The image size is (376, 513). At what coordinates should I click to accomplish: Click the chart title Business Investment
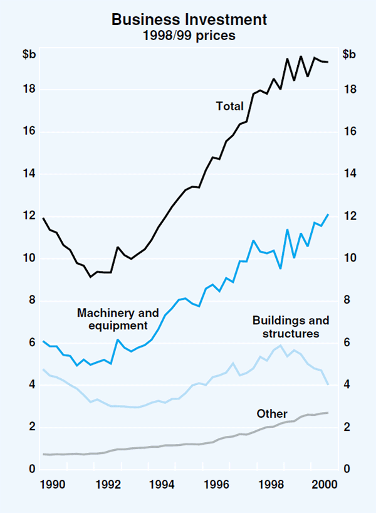coord(189,19)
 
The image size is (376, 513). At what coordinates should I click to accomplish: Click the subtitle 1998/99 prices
coord(189,36)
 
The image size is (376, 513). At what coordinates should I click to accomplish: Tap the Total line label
coord(230,107)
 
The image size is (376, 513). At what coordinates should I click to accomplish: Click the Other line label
coord(272,414)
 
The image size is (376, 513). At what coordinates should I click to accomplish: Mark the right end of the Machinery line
coord(328,214)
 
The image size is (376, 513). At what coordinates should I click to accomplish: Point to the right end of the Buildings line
coord(328,384)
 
